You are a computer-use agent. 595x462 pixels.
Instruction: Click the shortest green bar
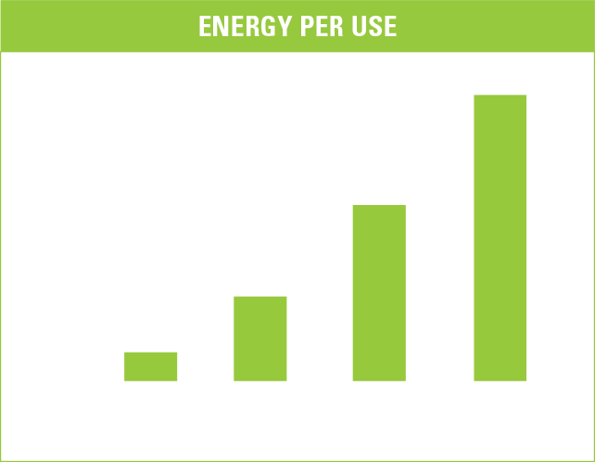point(151,366)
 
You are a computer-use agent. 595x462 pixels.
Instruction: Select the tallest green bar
point(500,237)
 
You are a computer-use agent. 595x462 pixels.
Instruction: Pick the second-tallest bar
point(379,293)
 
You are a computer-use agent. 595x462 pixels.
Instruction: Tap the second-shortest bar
point(260,339)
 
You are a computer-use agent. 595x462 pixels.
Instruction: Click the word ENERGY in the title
point(246,26)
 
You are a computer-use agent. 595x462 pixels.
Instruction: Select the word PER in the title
point(322,26)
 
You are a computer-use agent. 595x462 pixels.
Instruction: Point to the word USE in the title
point(374,26)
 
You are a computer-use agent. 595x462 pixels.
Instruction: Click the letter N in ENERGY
point(221,26)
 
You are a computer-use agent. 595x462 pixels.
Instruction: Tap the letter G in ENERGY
point(268,26)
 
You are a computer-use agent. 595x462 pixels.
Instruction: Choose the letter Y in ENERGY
point(285,26)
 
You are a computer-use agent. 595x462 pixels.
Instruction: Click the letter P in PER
point(308,26)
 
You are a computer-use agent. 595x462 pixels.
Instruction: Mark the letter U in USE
point(359,26)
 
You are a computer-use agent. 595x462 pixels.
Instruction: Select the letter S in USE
point(375,26)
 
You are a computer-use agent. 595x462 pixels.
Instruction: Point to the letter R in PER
point(336,26)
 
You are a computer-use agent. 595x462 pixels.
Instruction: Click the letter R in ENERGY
point(252,26)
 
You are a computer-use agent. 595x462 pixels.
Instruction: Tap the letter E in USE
point(391,26)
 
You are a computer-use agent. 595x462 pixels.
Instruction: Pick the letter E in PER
point(323,26)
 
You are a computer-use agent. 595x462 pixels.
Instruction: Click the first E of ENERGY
point(205,26)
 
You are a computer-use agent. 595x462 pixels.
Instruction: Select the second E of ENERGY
point(237,26)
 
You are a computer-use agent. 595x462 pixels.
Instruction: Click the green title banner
point(297,26)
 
